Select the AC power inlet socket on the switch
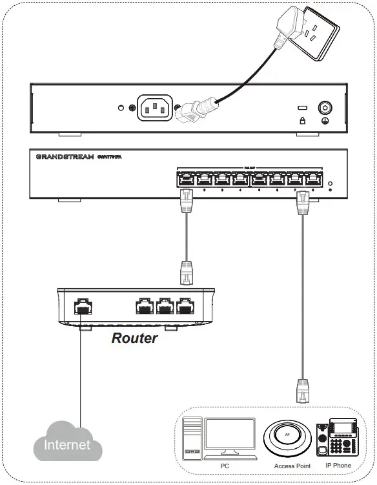coord(154,108)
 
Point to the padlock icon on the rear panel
coord(300,120)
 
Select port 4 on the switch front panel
coord(241,178)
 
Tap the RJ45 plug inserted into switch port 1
coord(187,200)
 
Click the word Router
coord(134,338)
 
